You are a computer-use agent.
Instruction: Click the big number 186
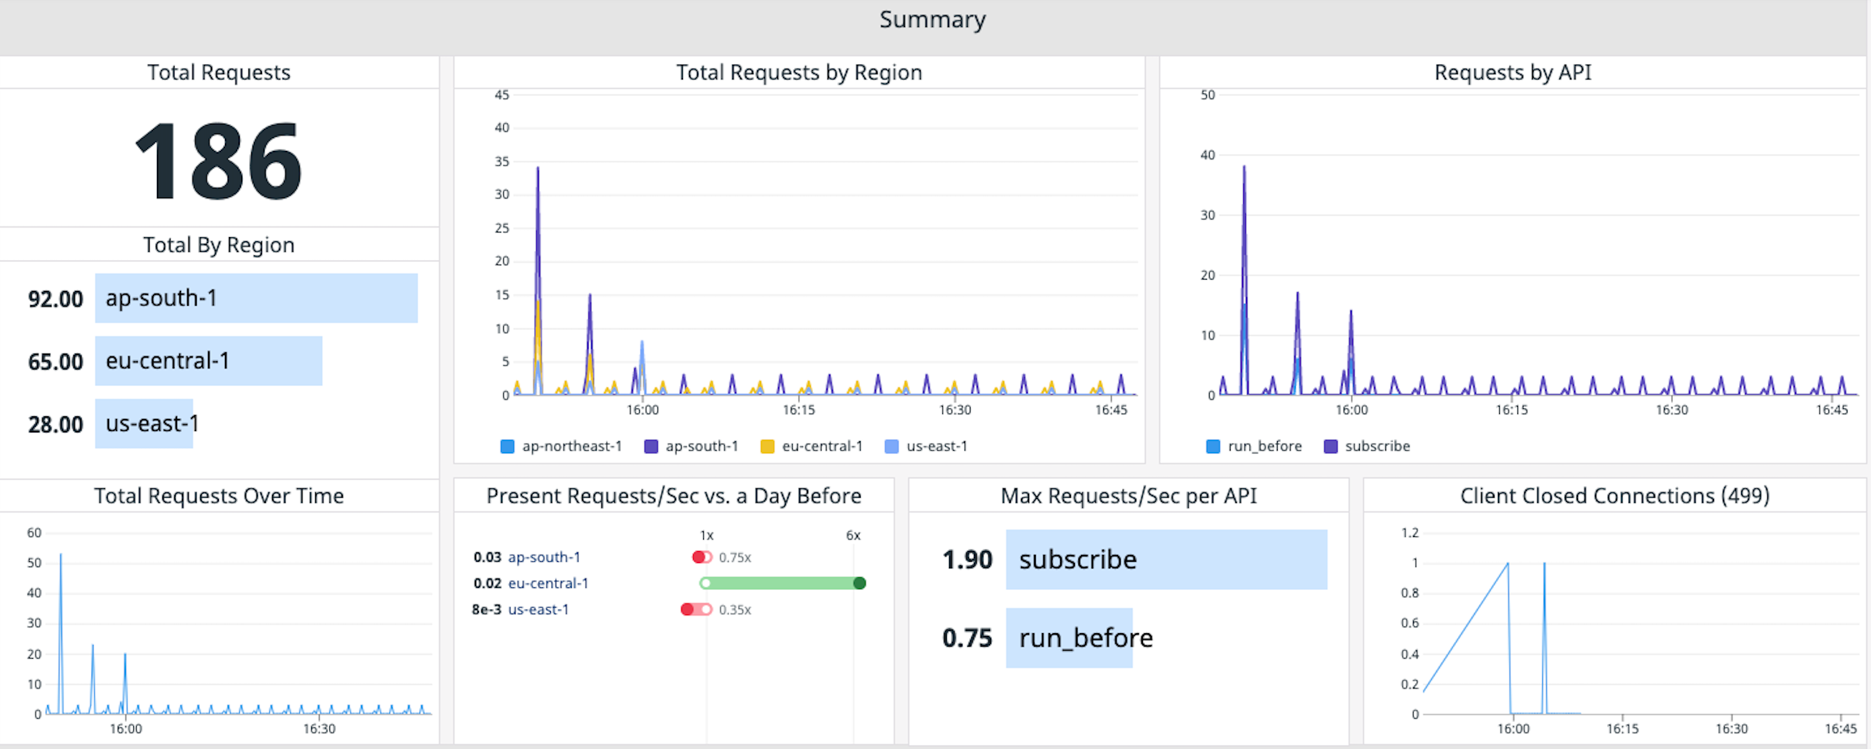[218, 161]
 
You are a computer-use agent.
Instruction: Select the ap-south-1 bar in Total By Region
[256, 298]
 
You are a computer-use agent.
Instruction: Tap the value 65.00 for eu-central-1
[55, 362]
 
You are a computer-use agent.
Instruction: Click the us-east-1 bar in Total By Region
[144, 424]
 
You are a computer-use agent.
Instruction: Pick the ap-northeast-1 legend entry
[562, 446]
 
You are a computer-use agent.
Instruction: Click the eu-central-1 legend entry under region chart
[812, 446]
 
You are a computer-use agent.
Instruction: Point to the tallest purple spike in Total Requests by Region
[537, 170]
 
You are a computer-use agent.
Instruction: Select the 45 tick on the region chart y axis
[501, 95]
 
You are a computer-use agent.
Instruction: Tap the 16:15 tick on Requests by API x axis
[1511, 410]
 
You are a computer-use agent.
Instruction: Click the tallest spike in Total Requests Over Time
[61, 556]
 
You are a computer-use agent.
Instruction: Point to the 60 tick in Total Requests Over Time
[34, 533]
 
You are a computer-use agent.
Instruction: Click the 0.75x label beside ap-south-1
[734, 557]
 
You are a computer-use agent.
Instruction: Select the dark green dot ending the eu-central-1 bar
[859, 583]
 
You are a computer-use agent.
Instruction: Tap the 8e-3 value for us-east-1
[486, 610]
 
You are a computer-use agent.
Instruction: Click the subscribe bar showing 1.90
[1166, 559]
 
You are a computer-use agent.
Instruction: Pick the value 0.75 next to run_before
[966, 638]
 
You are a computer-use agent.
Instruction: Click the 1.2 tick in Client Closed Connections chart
[1409, 533]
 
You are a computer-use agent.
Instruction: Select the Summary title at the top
[933, 20]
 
